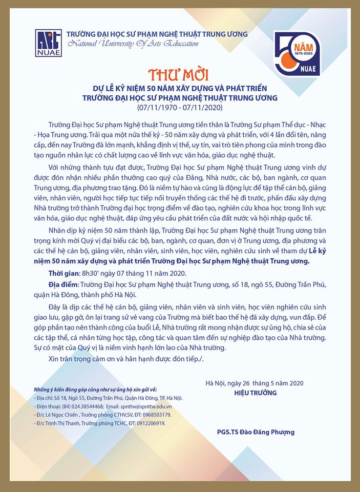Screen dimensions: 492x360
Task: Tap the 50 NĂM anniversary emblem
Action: point(297,53)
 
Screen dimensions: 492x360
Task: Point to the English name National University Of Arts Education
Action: point(132,44)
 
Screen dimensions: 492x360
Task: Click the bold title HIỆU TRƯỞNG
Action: point(256,393)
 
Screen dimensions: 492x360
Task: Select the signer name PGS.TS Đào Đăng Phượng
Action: point(256,432)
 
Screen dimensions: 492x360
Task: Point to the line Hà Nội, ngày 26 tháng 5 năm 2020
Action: point(255,383)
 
